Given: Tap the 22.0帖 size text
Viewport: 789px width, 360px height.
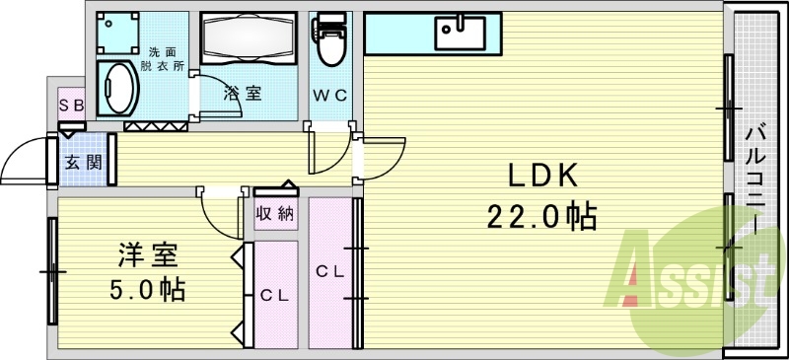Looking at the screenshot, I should pyautogui.click(x=540, y=215).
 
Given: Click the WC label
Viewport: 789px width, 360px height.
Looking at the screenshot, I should pyautogui.click(x=329, y=96).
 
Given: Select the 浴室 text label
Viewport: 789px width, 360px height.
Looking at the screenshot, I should pyautogui.click(x=243, y=95).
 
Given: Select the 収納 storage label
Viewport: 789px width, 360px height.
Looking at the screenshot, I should pyautogui.click(x=275, y=213).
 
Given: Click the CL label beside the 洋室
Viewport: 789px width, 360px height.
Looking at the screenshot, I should pyautogui.click(x=273, y=294).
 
